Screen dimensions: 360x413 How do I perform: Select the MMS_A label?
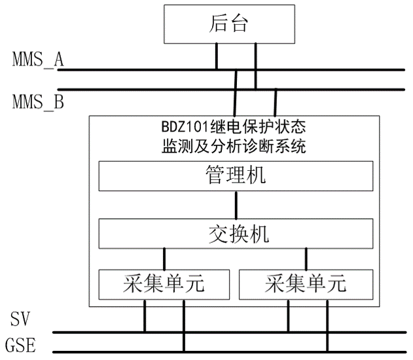click(38, 60)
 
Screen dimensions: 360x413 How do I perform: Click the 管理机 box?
click(236, 175)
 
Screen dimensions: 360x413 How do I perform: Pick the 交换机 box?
click(236, 232)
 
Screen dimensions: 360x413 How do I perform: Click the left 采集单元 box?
click(164, 283)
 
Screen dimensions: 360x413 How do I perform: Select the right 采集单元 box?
click(306, 283)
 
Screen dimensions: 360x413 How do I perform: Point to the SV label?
click(21, 320)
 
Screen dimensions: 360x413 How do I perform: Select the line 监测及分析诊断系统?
click(234, 145)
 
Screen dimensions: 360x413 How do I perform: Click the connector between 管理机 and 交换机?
click(236, 204)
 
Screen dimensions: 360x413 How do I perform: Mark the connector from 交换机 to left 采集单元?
click(164, 258)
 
